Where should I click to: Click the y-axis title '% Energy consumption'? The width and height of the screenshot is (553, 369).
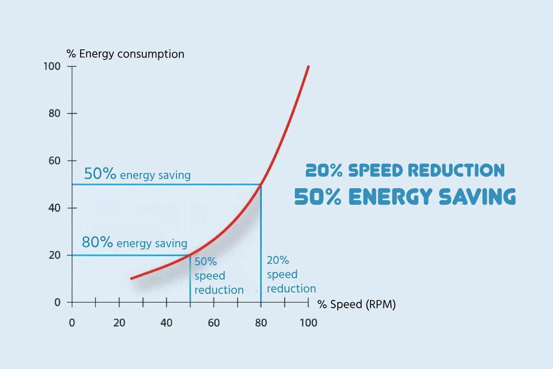point(125,54)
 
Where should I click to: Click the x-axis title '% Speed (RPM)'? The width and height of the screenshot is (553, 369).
point(357,304)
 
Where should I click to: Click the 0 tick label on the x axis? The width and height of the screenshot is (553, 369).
point(72,322)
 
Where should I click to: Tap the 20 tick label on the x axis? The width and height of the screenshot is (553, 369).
point(119,322)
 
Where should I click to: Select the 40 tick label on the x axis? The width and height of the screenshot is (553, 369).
point(166,322)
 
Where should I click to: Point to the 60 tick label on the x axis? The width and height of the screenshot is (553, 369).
point(214,322)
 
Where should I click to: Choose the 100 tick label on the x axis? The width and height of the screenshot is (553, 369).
point(308,322)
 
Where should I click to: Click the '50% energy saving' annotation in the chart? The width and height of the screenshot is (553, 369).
point(137,174)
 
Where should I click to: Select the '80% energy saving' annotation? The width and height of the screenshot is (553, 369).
point(135,243)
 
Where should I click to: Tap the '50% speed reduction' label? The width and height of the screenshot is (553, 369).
point(218,276)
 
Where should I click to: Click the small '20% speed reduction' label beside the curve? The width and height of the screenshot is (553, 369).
point(291,274)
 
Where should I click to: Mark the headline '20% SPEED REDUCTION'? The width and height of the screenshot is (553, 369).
point(405,171)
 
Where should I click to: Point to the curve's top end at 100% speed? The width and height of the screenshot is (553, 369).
point(308,66)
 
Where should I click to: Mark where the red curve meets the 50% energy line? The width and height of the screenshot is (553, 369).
point(261,184)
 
